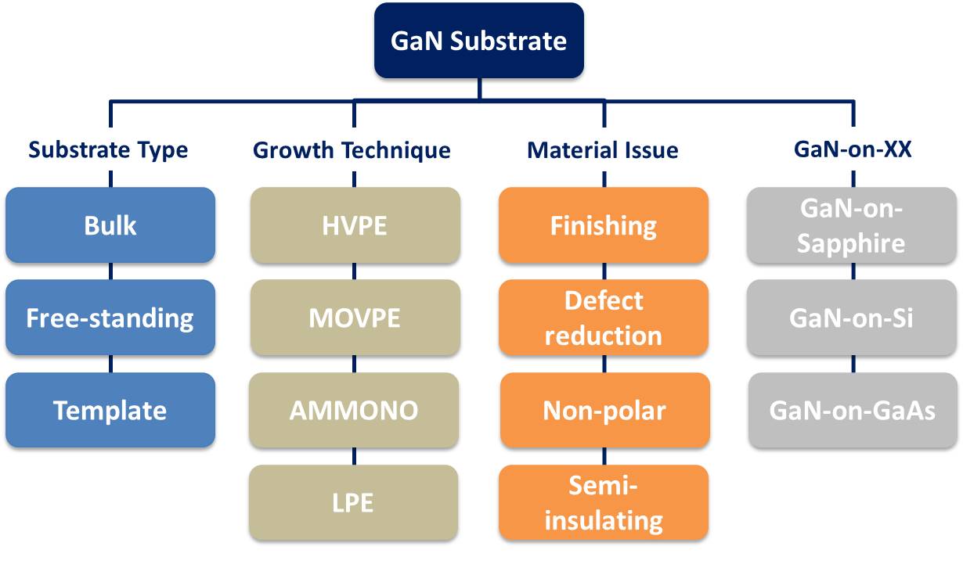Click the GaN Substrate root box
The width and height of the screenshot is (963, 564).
479,41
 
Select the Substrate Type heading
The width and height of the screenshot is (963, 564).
108,150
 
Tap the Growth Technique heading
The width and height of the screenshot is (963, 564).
352,150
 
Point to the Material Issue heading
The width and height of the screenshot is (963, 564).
603,150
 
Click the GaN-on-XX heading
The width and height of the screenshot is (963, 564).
853,149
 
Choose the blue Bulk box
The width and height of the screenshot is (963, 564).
110,225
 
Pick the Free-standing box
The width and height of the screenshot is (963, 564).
110,318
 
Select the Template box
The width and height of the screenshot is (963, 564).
110,410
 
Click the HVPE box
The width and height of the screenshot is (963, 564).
355,225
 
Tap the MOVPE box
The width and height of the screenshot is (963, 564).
355,318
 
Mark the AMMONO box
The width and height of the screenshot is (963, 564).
354,410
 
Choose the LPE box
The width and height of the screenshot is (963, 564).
353,502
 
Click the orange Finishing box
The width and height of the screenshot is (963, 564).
604,225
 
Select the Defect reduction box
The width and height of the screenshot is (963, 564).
604,318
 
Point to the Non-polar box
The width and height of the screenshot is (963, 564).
605,410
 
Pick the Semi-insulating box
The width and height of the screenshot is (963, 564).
604,502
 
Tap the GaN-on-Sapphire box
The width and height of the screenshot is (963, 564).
852,225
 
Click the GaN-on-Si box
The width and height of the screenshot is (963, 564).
852,318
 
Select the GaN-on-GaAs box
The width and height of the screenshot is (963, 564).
853,410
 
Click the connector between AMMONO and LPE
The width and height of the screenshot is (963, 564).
354,456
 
